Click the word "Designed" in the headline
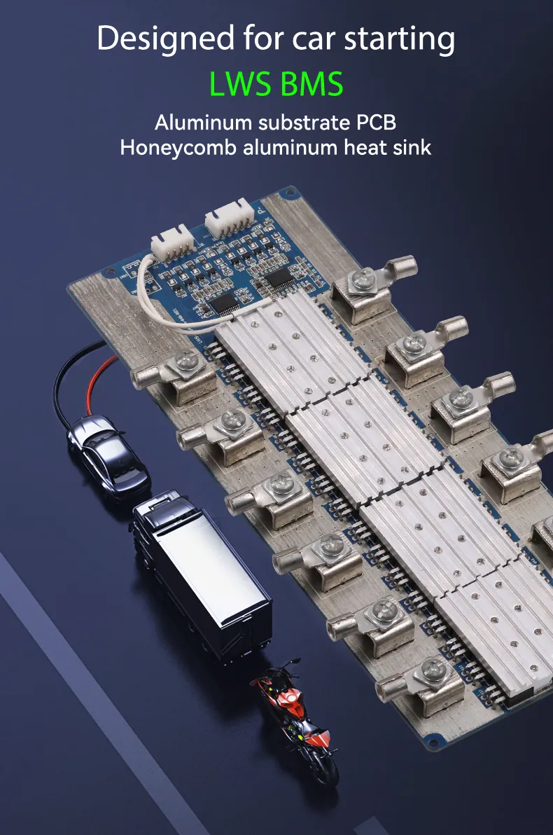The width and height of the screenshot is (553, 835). coord(166,39)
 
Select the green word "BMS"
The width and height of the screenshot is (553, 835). coord(311,84)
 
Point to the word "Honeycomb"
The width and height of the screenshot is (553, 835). coord(178,148)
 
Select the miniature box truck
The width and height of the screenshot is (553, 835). coord(202,574)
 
